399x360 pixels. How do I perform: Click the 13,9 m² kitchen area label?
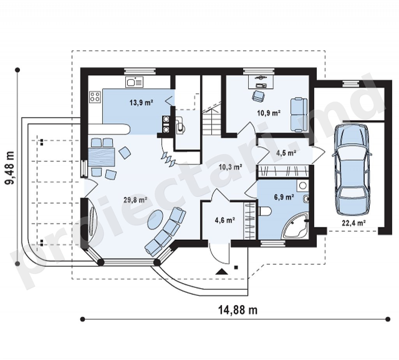point(141,103)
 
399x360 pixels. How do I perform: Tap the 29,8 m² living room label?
point(136,200)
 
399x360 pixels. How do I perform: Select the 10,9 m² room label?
point(269,113)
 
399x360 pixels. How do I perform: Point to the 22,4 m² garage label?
point(354,223)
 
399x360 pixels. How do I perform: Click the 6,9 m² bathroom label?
point(284,197)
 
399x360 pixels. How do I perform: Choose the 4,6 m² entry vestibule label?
point(225,220)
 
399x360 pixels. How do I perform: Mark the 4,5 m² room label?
point(286,153)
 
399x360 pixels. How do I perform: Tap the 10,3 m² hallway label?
point(230,167)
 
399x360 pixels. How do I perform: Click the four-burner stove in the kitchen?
point(95,97)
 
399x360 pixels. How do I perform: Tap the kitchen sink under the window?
point(134,82)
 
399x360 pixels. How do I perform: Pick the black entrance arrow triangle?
point(222,272)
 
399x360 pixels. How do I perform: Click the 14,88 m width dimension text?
point(238,310)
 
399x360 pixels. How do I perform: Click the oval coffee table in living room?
point(156,220)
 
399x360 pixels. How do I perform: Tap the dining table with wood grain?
point(102,157)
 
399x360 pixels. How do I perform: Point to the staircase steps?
point(212,119)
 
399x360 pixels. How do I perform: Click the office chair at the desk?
point(258,97)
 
